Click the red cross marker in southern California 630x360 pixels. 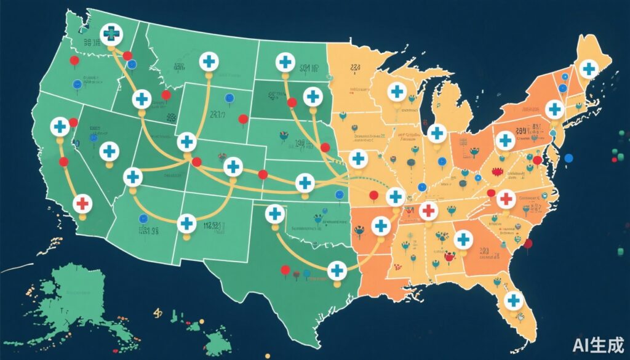(x=82, y=203)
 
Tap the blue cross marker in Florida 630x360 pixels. (x=512, y=300)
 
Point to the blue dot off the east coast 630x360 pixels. (x=568, y=158)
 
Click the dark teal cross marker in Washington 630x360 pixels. (x=112, y=34)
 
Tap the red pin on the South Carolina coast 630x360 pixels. (x=528, y=244)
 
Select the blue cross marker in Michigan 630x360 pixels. (x=436, y=132)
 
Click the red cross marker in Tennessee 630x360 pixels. (x=429, y=210)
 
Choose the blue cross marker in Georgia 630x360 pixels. (x=463, y=239)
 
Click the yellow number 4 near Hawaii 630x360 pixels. (x=156, y=314)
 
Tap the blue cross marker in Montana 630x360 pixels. (x=209, y=62)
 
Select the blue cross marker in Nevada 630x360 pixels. (x=109, y=151)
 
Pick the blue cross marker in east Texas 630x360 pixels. (x=337, y=270)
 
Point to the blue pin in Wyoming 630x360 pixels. (x=229, y=97)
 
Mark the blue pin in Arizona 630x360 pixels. (x=143, y=218)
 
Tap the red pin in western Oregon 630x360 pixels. (x=74, y=60)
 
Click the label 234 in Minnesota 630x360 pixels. (x=356, y=68)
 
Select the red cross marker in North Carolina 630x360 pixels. (x=505, y=199)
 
